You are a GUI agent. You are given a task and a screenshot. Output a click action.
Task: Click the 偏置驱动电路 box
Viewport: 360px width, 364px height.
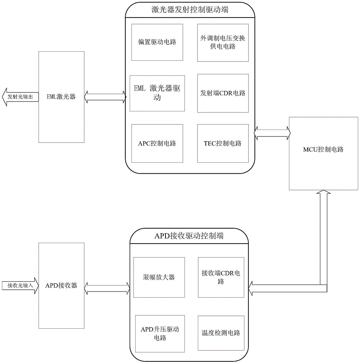157,42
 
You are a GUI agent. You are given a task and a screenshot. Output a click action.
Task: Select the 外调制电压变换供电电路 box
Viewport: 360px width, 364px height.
223,42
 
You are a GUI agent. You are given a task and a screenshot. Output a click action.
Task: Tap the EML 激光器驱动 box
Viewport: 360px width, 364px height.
157,93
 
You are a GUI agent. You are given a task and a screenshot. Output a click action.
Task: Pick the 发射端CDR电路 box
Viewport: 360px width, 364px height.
223,93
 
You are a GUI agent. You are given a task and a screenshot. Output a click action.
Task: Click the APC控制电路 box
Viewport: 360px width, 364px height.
157,143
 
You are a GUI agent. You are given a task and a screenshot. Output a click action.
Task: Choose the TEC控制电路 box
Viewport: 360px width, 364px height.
223,143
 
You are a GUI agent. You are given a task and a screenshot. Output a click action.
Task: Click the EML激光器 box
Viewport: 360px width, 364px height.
61,97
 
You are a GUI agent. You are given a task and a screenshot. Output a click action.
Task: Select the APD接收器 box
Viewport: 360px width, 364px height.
61,285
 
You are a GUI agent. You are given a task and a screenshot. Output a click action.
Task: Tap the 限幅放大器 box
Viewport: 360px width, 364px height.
159,277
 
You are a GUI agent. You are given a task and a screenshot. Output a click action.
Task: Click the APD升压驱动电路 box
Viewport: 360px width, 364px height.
159,333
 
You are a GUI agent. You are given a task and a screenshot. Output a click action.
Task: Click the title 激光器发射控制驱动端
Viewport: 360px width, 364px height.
190,10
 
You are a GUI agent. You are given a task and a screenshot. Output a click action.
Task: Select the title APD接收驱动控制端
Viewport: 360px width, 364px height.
189,236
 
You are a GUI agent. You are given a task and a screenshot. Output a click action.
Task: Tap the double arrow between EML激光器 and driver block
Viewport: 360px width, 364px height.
105,97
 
